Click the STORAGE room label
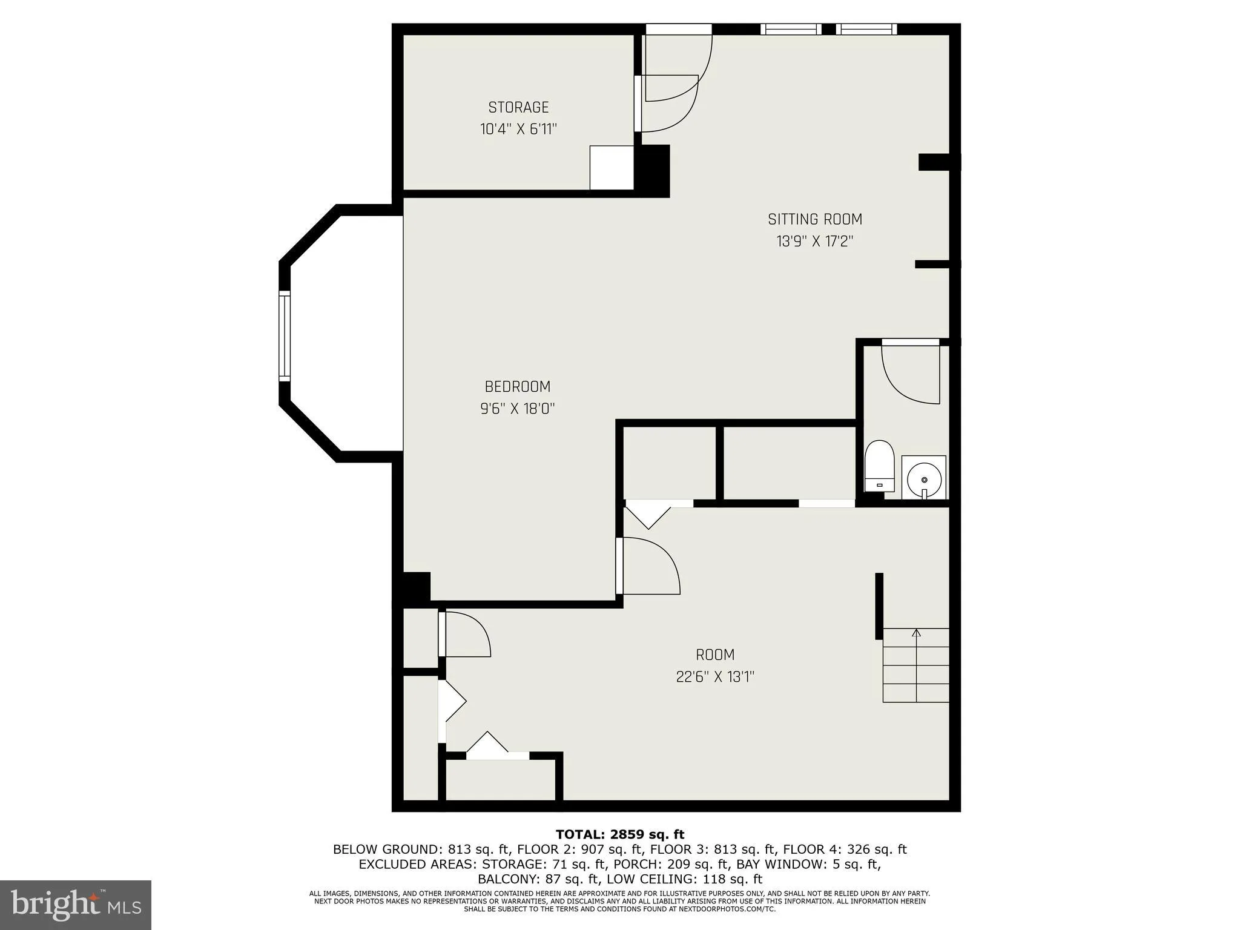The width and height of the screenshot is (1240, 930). point(518,107)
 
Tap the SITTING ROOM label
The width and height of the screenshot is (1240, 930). point(814,219)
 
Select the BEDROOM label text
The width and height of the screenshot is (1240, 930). point(517,386)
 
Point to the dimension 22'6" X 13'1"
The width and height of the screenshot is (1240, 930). point(715,676)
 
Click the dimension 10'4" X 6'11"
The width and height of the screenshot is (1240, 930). point(518,129)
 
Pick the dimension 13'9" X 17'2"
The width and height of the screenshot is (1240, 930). point(814,241)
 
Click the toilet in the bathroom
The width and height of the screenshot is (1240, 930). point(879,466)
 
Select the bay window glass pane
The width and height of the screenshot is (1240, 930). point(284,336)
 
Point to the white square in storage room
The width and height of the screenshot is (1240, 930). point(612,167)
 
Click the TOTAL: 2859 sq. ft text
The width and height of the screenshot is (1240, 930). point(619,835)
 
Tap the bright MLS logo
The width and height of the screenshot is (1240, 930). point(76,905)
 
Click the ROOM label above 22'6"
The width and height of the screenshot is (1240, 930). point(715,655)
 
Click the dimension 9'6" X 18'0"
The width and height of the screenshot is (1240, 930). point(517,409)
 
